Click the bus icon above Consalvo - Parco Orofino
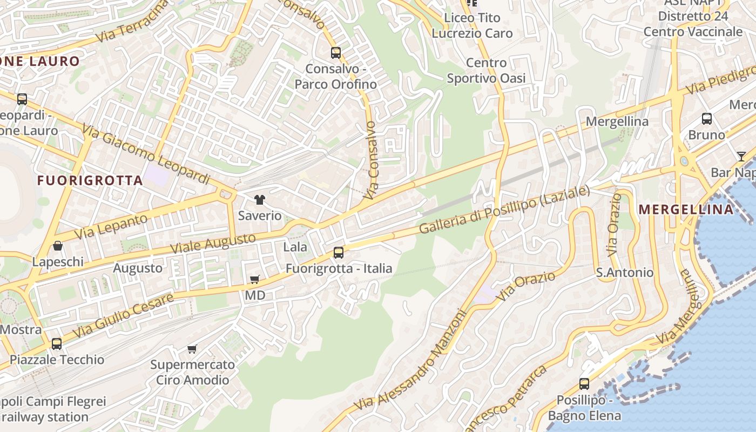[336, 53]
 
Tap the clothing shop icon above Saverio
[260, 200]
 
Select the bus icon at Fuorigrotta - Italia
[339, 252]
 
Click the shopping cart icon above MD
[255, 279]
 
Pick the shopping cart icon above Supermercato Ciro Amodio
[192, 349]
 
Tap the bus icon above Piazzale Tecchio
[57, 343]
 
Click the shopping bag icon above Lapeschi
[58, 246]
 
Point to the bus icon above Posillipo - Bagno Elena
[584, 384]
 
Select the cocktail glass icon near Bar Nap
[741, 157]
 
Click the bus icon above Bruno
[707, 119]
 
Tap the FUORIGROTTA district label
[90, 181]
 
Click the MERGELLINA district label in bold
[686, 210]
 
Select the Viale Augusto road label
[213, 244]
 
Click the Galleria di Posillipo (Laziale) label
[503, 210]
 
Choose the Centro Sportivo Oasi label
[486, 71]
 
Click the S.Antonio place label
[624, 273]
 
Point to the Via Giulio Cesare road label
[123, 315]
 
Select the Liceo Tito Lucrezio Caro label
[472, 25]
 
